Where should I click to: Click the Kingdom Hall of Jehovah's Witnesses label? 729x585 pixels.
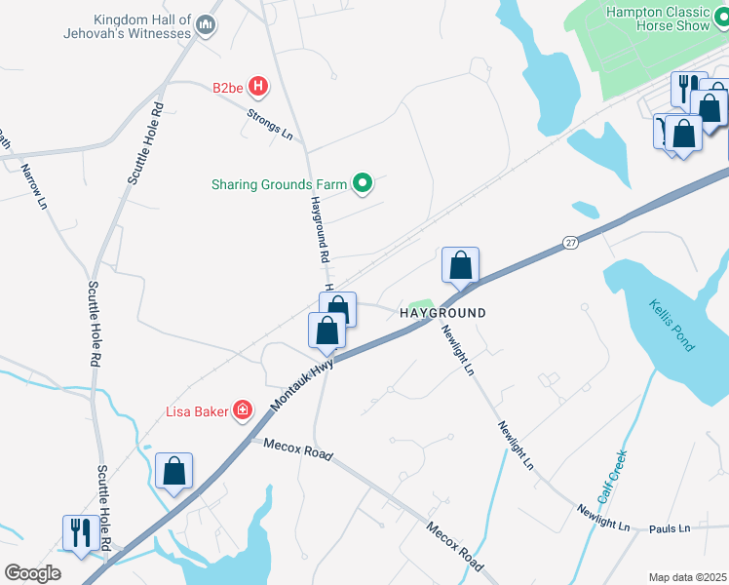(x=143, y=26)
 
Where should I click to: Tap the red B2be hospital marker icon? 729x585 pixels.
(x=258, y=87)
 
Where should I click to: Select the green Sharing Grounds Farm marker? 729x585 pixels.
(x=363, y=183)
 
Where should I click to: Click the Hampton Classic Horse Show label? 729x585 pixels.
(x=671, y=19)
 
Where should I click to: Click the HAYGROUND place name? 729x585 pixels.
(x=441, y=313)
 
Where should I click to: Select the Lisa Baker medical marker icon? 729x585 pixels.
(x=242, y=411)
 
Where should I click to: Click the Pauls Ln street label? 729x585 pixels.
(x=670, y=528)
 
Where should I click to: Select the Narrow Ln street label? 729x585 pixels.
(x=34, y=186)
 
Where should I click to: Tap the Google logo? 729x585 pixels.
(x=33, y=573)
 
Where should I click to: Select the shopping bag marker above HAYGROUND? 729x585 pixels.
(x=460, y=264)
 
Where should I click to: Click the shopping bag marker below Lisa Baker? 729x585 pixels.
(x=174, y=471)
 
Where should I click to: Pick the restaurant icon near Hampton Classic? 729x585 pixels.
(x=686, y=88)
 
